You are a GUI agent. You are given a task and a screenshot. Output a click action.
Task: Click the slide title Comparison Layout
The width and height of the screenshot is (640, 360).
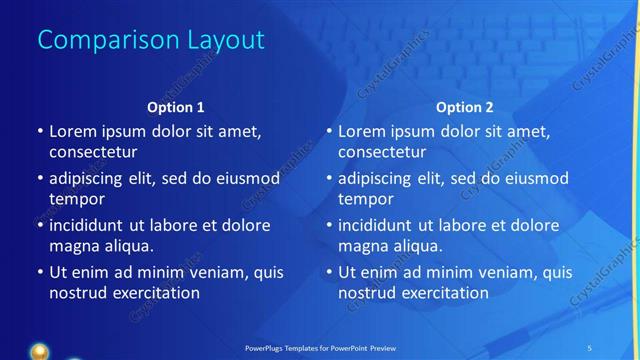click(150, 40)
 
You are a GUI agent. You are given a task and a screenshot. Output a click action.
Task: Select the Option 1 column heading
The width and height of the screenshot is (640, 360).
click(175, 106)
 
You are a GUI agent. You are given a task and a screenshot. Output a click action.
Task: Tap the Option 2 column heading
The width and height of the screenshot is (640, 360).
click(465, 106)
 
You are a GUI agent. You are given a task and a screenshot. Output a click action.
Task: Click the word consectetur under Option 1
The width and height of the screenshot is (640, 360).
click(93, 152)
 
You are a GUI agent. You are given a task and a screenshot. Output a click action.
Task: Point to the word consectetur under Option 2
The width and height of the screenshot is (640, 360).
click(382, 152)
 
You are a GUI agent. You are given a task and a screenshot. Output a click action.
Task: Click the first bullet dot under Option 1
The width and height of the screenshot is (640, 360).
click(39, 131)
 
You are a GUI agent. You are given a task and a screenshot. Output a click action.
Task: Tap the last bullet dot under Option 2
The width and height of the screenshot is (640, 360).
click(328, 272)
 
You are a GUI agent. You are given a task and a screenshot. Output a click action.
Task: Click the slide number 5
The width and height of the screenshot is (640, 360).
click(590, 347)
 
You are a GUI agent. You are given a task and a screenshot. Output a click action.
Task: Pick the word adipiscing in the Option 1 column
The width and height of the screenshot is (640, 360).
click(91, 178)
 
